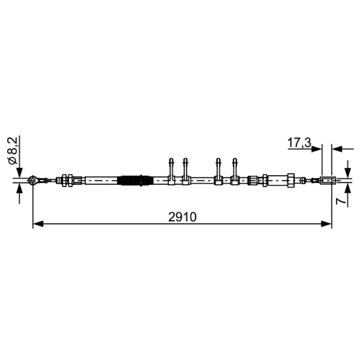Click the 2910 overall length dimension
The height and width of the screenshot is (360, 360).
(182, 217)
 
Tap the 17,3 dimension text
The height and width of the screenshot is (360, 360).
(299, 143)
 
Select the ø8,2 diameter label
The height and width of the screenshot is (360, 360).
(13, 150)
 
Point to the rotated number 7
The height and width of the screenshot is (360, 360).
(341, 201)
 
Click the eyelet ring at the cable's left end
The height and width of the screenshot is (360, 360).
(33, 180)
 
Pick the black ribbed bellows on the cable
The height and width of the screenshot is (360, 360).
(135, 180)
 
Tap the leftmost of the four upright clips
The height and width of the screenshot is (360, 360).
(171, 171)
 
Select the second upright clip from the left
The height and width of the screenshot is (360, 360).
(185, 171)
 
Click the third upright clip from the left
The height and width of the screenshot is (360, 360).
(218, 171)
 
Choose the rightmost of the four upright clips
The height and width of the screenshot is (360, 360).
(234, 171)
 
